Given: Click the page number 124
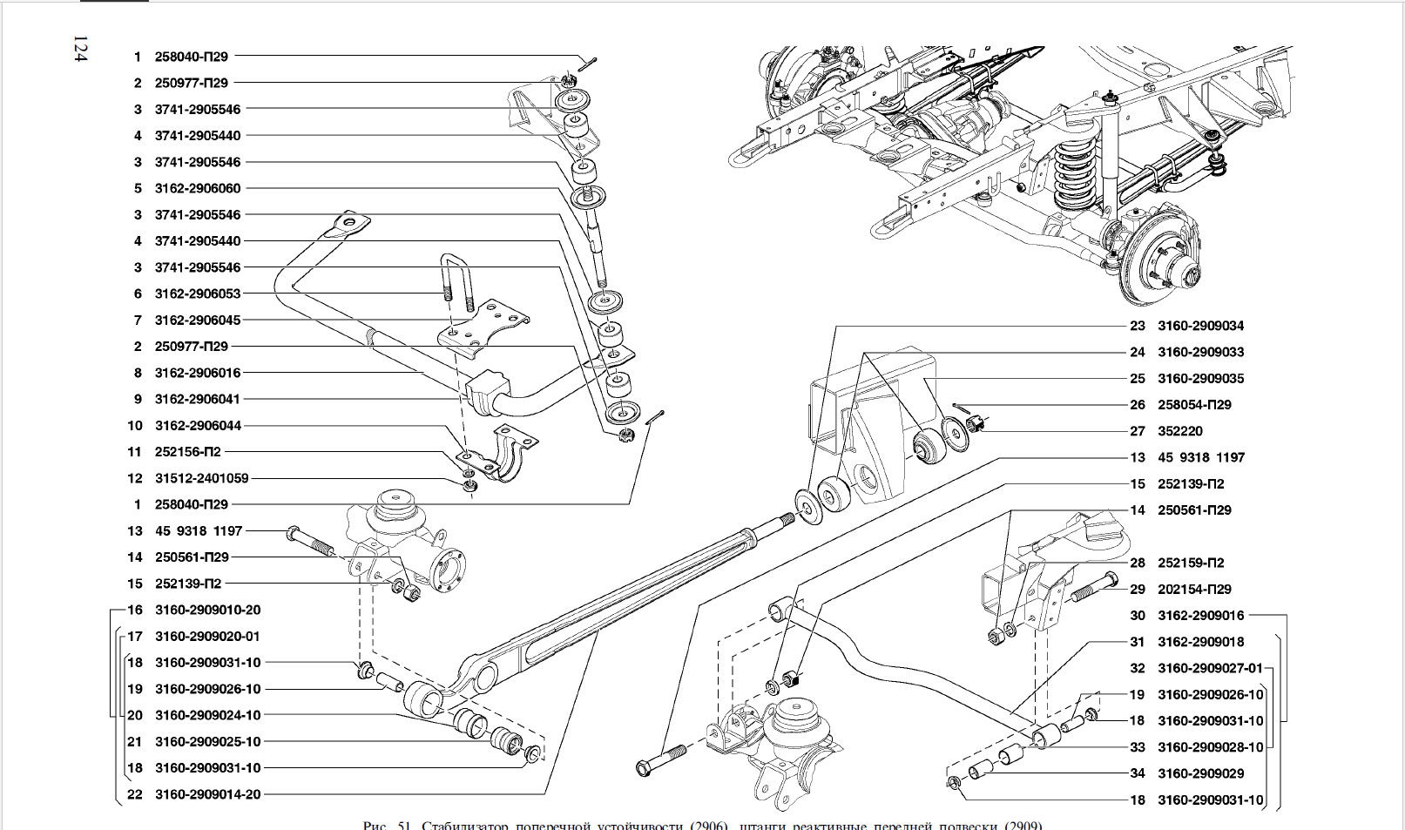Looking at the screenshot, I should (x=80, y=50).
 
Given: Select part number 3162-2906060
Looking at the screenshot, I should (x=198, y=188).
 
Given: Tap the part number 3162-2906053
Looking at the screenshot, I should (x=198, y=294).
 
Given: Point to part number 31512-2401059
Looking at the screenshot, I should (x=201, y=478).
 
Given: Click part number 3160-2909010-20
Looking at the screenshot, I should (x=207, y=610).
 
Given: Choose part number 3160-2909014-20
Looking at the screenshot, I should (x=207, y=794).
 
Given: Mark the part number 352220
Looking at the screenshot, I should (x=1179, y=431).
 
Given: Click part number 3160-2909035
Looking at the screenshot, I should (x=1200, y=379).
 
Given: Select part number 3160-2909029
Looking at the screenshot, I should (x=1200, y=773).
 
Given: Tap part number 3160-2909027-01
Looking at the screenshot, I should (x=1210, y=668).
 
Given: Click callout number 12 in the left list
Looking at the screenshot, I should (x=134, y=478).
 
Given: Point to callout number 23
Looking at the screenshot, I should (x=1138, y=326).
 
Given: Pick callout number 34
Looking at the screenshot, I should (x=1138, y=773).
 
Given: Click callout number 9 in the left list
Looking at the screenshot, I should (x=138, y=399).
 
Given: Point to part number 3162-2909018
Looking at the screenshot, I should (x=1200, y=642).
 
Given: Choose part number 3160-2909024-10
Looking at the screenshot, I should (x=207, y=715).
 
